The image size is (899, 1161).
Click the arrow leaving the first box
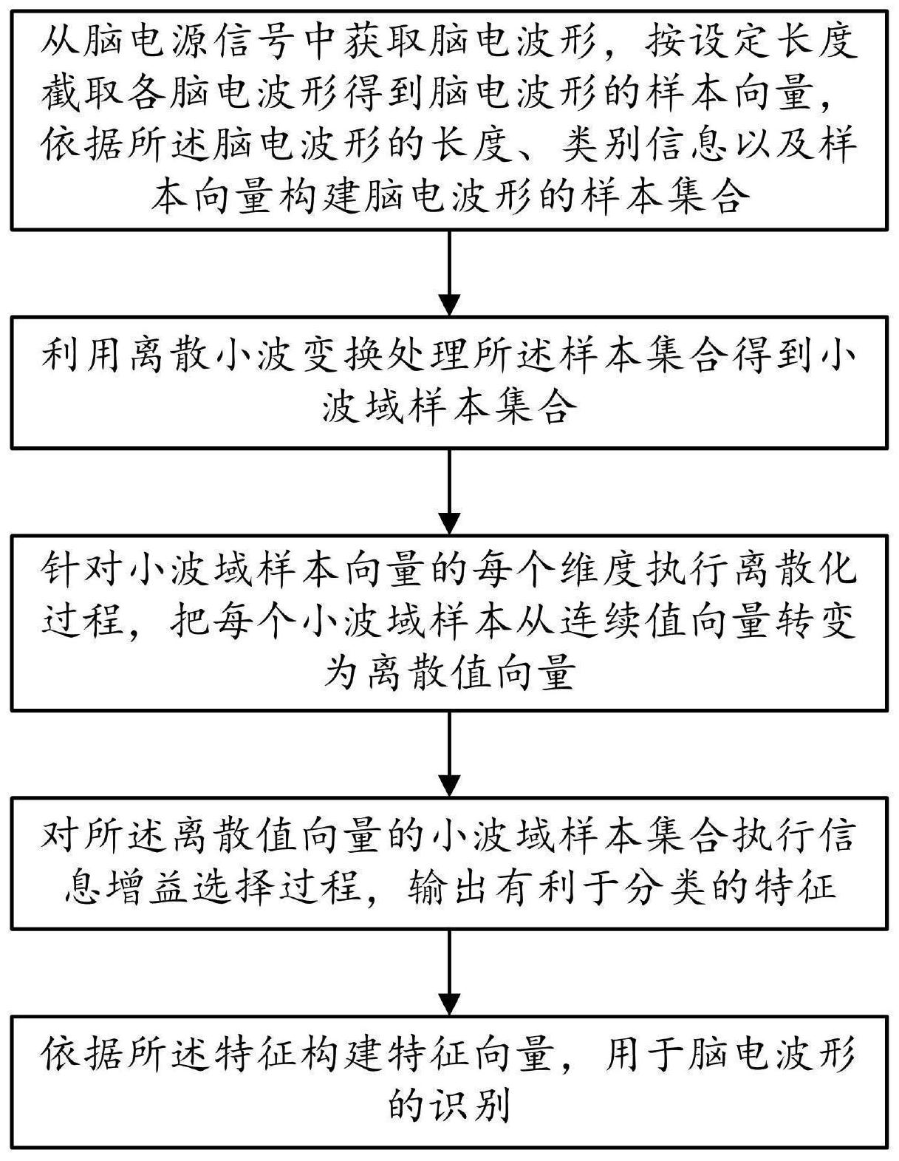click(x=449, y=273)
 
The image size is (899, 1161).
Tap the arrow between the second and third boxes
click(x=449, y=491)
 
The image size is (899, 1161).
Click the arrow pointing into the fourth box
click(x=449, y=754)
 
